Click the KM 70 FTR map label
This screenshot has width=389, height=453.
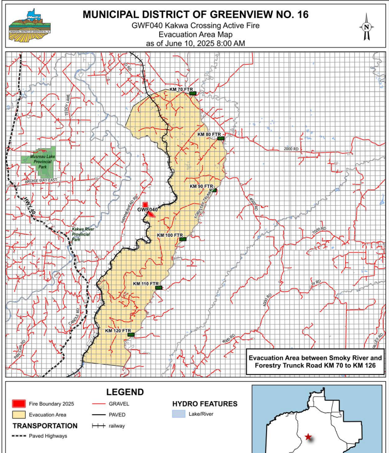point(179,89)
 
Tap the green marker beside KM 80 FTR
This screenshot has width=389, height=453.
point(221,139)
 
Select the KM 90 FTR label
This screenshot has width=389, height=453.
point(201,186)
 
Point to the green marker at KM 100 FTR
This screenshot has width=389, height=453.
point(182,239)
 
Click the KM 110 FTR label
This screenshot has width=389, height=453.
point(145,284)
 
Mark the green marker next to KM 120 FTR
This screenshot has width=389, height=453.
point(131,335)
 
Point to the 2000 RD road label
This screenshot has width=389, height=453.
point(292,149)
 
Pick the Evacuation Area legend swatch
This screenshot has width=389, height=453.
point(21,414)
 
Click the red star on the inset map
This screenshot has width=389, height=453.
point(308,437)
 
